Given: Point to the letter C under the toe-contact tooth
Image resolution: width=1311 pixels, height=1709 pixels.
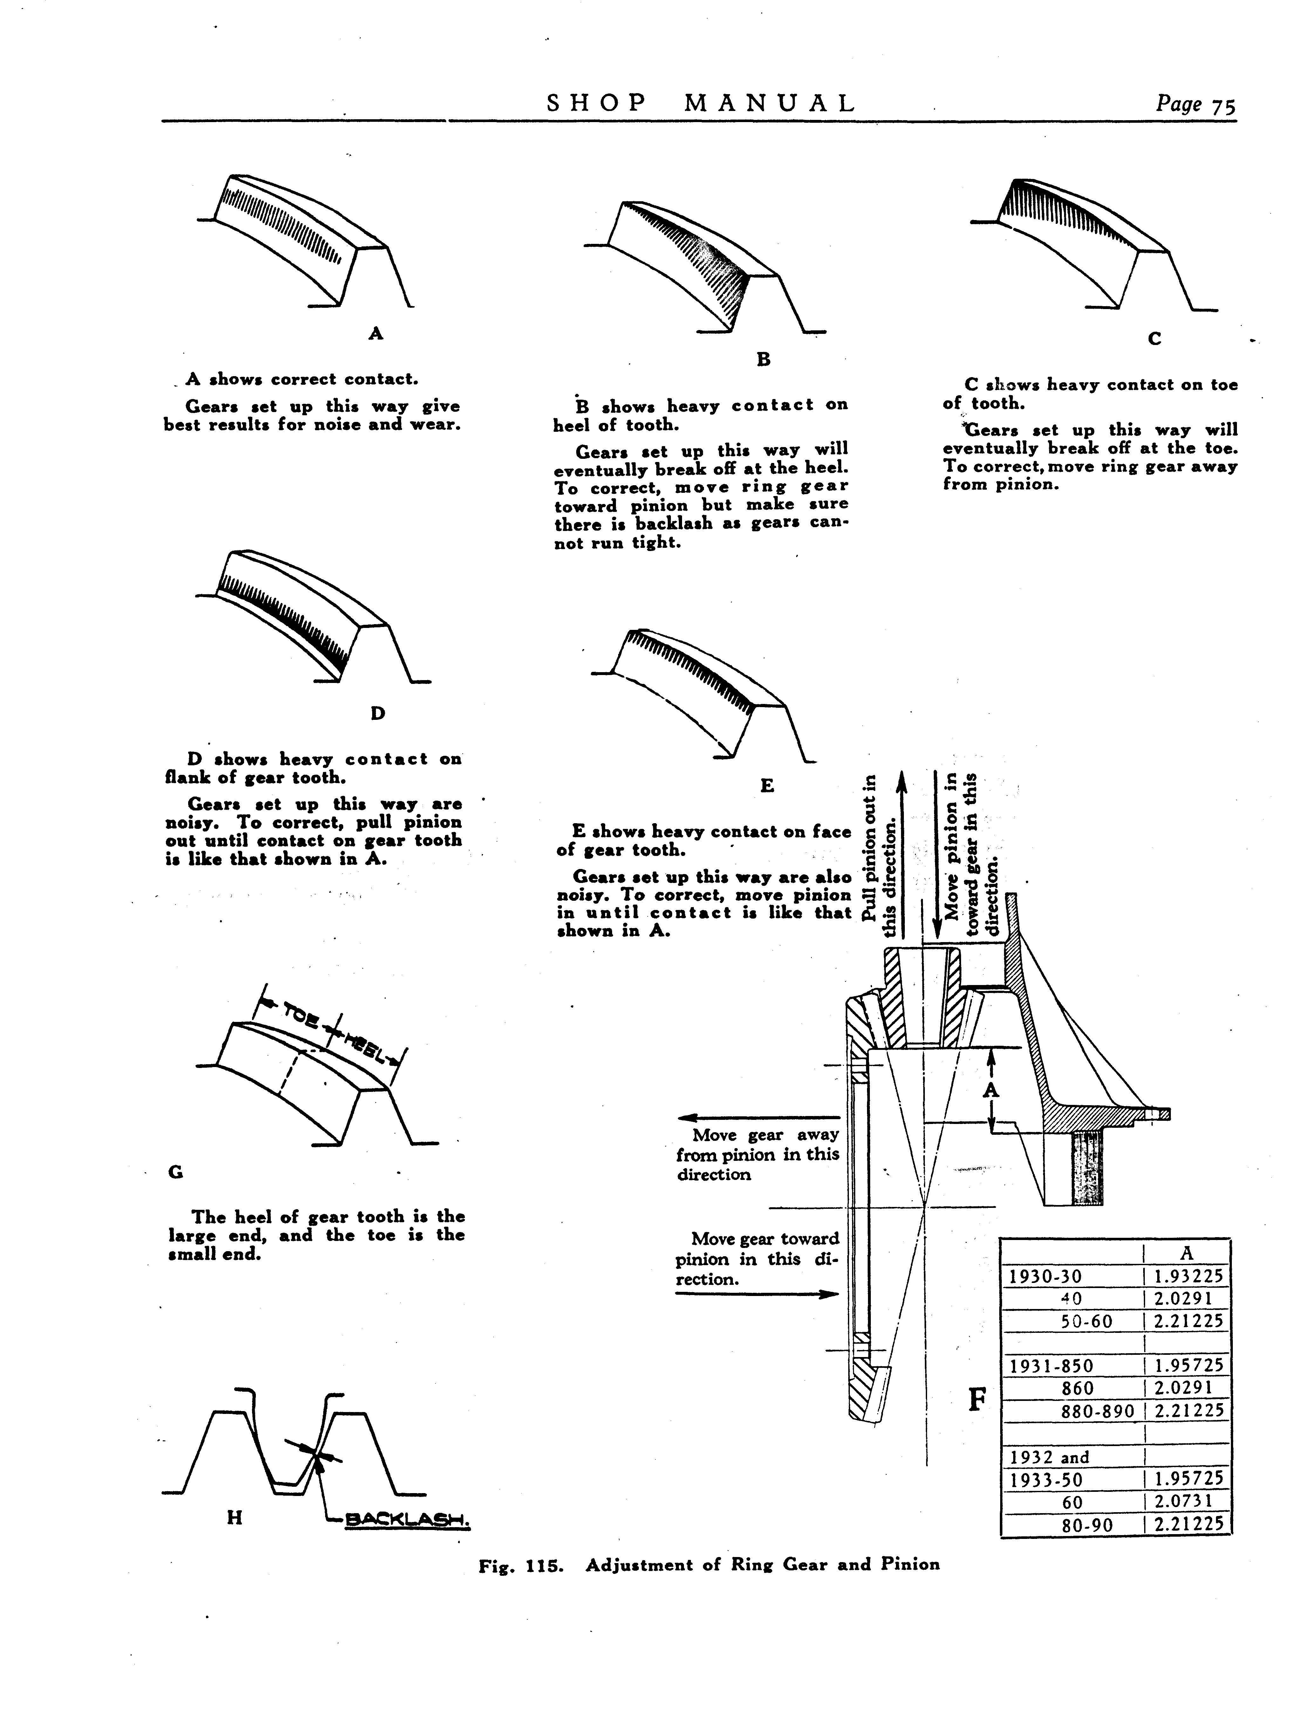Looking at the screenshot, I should [x=1155, y=339].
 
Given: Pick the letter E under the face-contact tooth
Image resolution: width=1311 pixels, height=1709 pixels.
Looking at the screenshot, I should [x=767, y=786].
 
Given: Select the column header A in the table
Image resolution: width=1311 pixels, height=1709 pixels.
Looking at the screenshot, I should [x=1187, y=1253].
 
